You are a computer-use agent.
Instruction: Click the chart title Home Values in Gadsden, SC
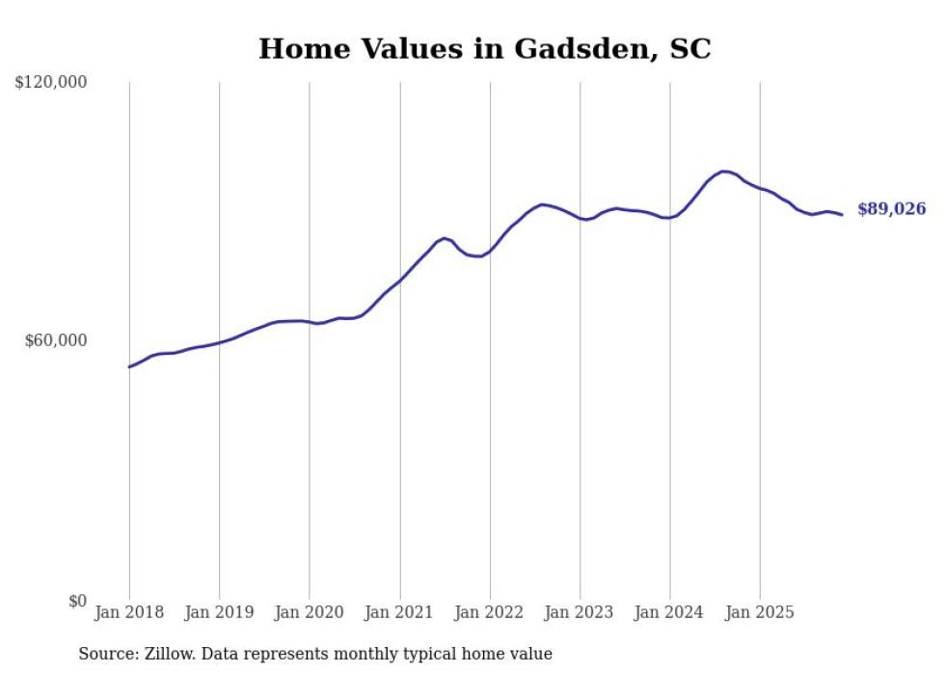coord(484,49)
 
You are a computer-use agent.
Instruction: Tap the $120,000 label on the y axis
coord(51,83)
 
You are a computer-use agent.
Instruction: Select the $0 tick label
coord(77,601)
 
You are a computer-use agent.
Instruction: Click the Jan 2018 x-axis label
coord(129,612)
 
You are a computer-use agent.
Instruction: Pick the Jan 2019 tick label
coord(219,612)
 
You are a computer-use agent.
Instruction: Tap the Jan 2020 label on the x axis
coord(310,612)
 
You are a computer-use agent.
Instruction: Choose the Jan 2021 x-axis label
coord(399,612)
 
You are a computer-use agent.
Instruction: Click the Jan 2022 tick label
coord(490,612)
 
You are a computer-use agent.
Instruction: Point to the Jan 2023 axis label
coord(580,612)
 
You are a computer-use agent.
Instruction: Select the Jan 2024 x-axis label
coord(670,612)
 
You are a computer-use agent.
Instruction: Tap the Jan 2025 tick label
coord(760,612)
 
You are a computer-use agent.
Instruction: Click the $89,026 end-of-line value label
coord(891,209)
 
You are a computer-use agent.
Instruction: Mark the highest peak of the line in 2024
coord(724,172)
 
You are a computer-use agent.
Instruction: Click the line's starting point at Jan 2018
coord(129,366)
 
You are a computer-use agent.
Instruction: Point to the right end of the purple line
coord(842,214)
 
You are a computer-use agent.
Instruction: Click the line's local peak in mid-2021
coord(445,237)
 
